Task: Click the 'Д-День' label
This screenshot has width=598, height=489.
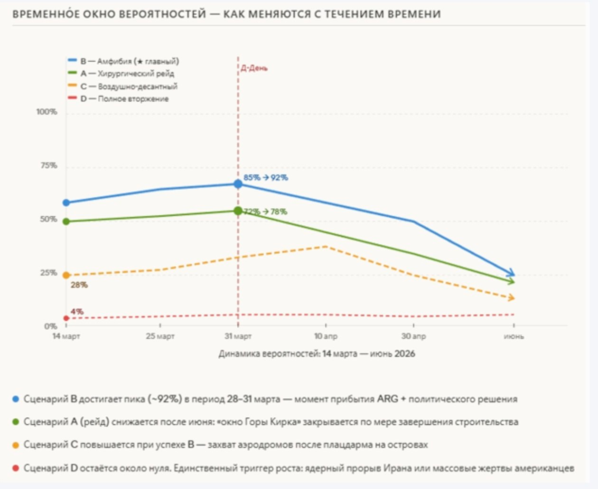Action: [254, 68]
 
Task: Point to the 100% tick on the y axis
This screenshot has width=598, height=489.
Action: [47, 112]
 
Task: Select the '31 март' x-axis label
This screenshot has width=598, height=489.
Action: [238, 336]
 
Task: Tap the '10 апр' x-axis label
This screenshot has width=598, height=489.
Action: [326, 336]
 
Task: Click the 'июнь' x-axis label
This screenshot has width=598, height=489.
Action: [514, 336]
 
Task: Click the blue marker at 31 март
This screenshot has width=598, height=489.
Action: [238, 184]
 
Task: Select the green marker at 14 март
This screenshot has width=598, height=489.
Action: [66, 221]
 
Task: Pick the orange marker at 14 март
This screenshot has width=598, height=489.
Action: [66, 275]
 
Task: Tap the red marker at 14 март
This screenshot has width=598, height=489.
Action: [66, 318]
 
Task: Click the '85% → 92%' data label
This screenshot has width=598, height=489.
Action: [266, 178]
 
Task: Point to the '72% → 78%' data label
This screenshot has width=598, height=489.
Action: [266, 212]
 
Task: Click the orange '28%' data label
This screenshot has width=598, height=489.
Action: [79, 285]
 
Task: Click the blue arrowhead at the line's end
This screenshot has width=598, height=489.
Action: [511, 273]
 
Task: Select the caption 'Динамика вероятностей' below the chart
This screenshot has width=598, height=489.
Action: [317, 354]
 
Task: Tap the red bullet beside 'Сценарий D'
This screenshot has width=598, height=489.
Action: [16, 468]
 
